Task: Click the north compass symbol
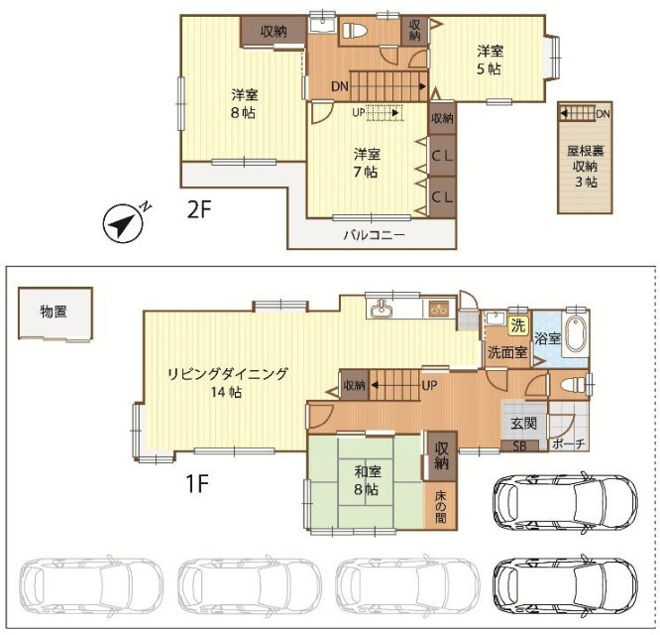(x=124, y=223)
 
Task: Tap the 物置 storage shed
(x=55, y=314)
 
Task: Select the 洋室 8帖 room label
(x=244, y=103)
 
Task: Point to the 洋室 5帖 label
(x=490, y=60)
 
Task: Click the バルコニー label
(x=375, y=235)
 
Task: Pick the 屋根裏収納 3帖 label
(x=585, y=167)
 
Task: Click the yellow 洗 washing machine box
(x=518, y=325)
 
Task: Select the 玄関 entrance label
(x=523, y=423)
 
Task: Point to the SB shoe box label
(x=519, y=446)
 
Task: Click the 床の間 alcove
(x=440, y=506)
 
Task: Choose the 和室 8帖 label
(x=367, y=480)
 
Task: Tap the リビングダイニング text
(x=227, y=374)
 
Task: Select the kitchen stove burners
(x=439, y=310)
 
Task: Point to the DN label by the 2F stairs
(x=340, y=86)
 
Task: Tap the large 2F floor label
(x=198, y=209)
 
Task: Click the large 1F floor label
(x=197, y=483)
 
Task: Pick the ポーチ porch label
(x=568, y=444)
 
